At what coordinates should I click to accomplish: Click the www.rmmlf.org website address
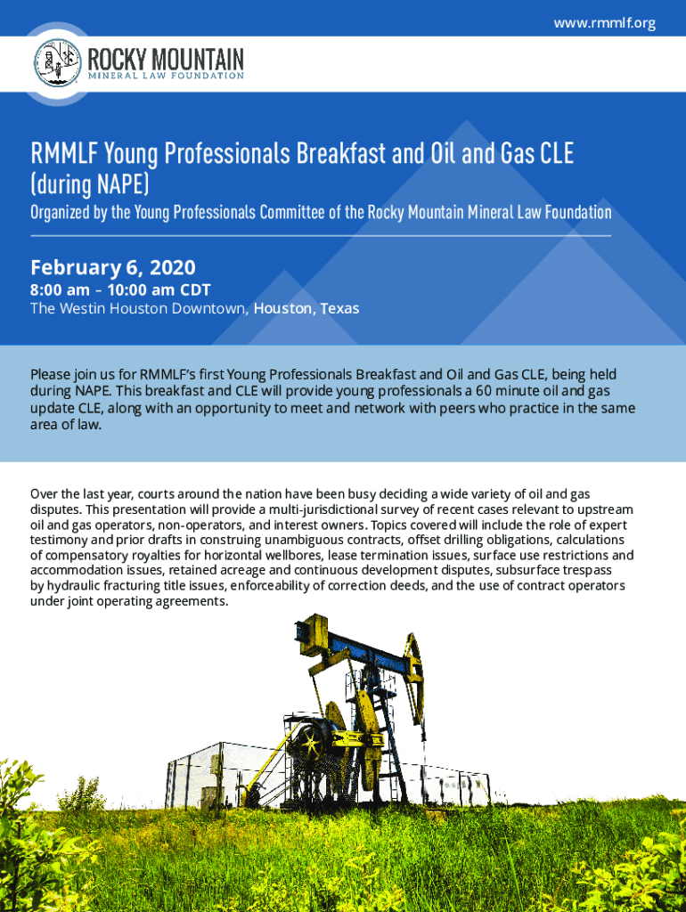pos(605,23)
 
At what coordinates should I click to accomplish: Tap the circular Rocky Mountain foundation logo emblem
pos(58,63)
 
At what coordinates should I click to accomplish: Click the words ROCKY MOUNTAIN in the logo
pos(166,59)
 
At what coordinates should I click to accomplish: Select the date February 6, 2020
pos(113,267)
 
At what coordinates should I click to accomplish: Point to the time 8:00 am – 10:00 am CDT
pos(120,289)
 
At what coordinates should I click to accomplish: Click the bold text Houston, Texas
pos(306,308)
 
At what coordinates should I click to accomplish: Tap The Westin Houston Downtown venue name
pos(140,308)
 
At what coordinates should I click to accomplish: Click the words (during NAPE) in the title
pos(90,183)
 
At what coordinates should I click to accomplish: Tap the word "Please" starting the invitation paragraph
pos(50,375)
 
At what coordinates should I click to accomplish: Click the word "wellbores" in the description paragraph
pos(293,555)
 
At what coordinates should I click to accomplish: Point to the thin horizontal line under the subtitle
pos(321,236)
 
